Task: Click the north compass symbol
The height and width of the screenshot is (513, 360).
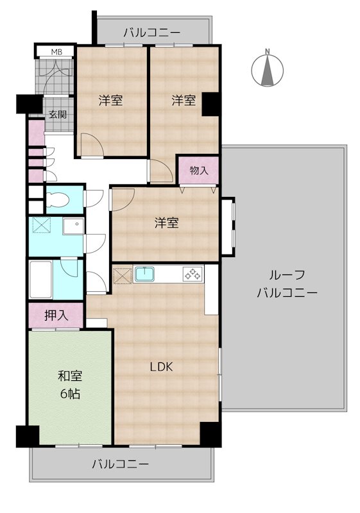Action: pyautogui.click(x=268, y=69)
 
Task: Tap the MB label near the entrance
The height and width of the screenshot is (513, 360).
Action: pyautogui.click(x=56, y=52)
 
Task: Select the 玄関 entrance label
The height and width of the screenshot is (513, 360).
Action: pyautogui.click(x=57, y=115)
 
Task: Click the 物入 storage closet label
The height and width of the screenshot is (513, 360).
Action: pyautogui.click(x=199, y=171)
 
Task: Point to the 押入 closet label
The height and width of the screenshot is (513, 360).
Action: pyautogui.click(x=55, y=315)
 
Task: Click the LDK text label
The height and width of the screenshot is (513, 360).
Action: pyautogui.click(x=161, y=367)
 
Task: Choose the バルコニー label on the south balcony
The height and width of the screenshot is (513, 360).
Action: pyautogui.click(x=120, y=463)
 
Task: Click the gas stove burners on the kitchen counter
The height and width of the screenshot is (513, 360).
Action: pyautogui.click(x=192, y=274)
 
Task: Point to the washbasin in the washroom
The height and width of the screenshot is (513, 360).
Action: pyautogui.click(x=72, y=226)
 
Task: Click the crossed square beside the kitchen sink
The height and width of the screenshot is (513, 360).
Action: pyautogui.click(x=122, y=274)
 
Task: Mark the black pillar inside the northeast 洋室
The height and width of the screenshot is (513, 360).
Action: pyautogui.click(x=210, y=104)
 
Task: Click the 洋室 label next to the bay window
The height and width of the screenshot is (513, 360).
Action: pyautogui.click(x=166, y=223)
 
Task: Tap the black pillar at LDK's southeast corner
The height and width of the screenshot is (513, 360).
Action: pyautogui.click(x=209, y=434)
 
